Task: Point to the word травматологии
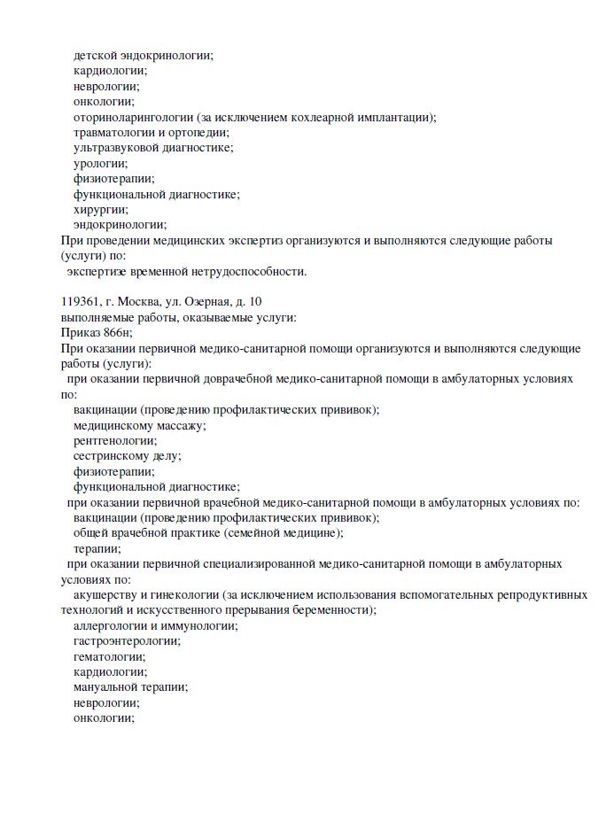tap(114, 132)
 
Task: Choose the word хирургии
tap(101, 210)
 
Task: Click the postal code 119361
tap(80, 302)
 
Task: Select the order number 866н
tap(116, 333)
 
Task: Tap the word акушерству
tap(105, 594)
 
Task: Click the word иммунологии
tap(198, 625)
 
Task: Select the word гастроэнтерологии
tap(127, 640)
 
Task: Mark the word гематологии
tap(109, 656)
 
